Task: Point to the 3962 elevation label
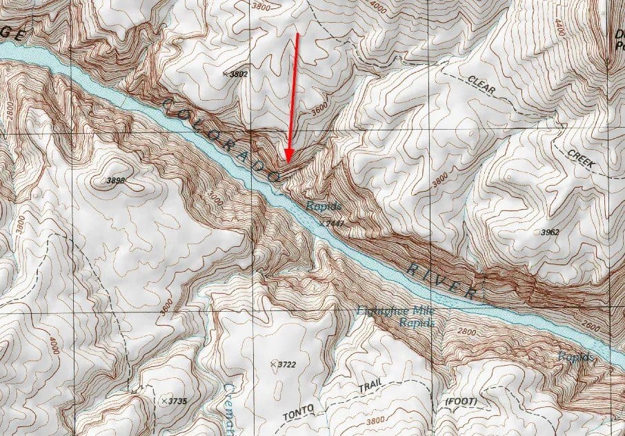550,232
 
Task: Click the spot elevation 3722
288,364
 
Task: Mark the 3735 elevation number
178,401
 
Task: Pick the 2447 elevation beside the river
335,224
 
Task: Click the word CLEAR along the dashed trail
482,81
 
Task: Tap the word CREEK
582,159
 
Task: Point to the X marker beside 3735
163,401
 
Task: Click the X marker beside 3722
274,363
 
